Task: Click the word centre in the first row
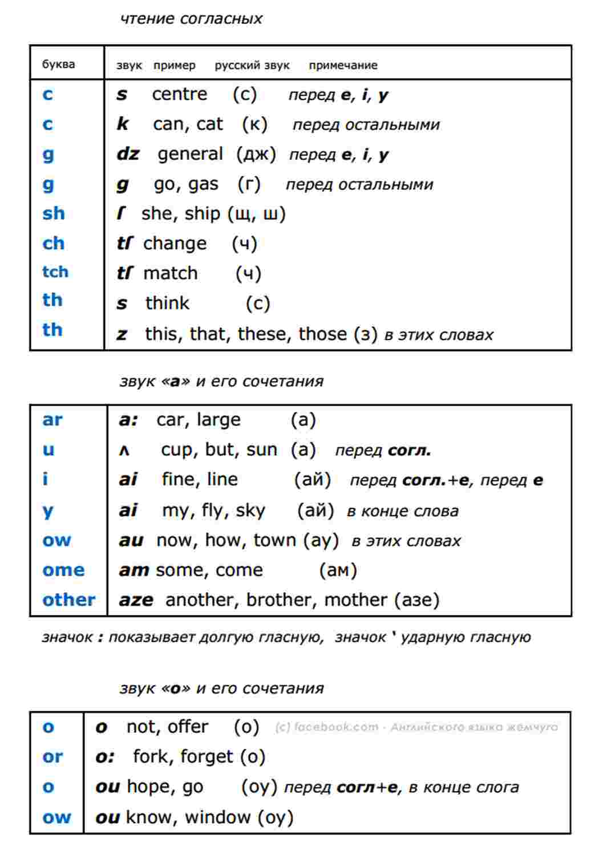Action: coord(179,94)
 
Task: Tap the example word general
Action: coord(190,154)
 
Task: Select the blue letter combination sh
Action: coord(53,213)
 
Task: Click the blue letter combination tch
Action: coord(55,271)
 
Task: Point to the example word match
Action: coord(170,273)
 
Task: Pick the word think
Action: coord(167,303)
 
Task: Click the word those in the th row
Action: coord(322,333)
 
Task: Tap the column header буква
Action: coord(58,64)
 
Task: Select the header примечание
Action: coord(343,66)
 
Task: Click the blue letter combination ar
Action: coord(52,420)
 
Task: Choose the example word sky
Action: coord(250,510)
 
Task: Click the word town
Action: coord(275,540)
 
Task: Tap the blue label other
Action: coord(68,600)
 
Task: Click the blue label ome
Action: coord(63,570)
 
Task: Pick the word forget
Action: coord(207,757)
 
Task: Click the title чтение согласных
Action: coord(191,19)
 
